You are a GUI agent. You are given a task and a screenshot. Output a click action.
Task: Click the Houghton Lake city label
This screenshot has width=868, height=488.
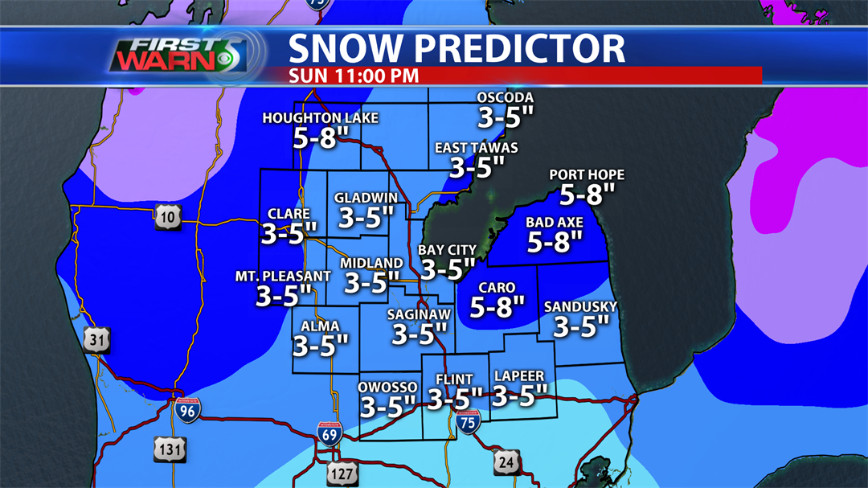[320, 119]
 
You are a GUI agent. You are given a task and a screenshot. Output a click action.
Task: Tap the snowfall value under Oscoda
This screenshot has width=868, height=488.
[506, 117]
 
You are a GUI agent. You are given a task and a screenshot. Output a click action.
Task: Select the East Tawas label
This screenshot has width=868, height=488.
[476, 148]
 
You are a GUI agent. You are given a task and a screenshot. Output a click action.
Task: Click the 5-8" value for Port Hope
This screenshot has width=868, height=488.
[587, 194]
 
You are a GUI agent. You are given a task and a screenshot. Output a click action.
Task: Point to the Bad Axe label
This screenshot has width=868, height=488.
[555, 223]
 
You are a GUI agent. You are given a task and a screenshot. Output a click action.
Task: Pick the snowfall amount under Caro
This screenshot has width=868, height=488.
[497, 306]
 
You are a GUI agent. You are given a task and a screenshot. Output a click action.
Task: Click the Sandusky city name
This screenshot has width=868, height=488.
[580, 306]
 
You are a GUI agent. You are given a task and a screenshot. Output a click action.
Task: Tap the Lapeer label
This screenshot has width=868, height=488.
[519, 376]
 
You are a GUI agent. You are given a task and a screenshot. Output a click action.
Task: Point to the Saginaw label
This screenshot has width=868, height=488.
[418, 314]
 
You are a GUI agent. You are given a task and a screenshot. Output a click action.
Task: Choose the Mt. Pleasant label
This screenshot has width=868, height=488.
[283, 277]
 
